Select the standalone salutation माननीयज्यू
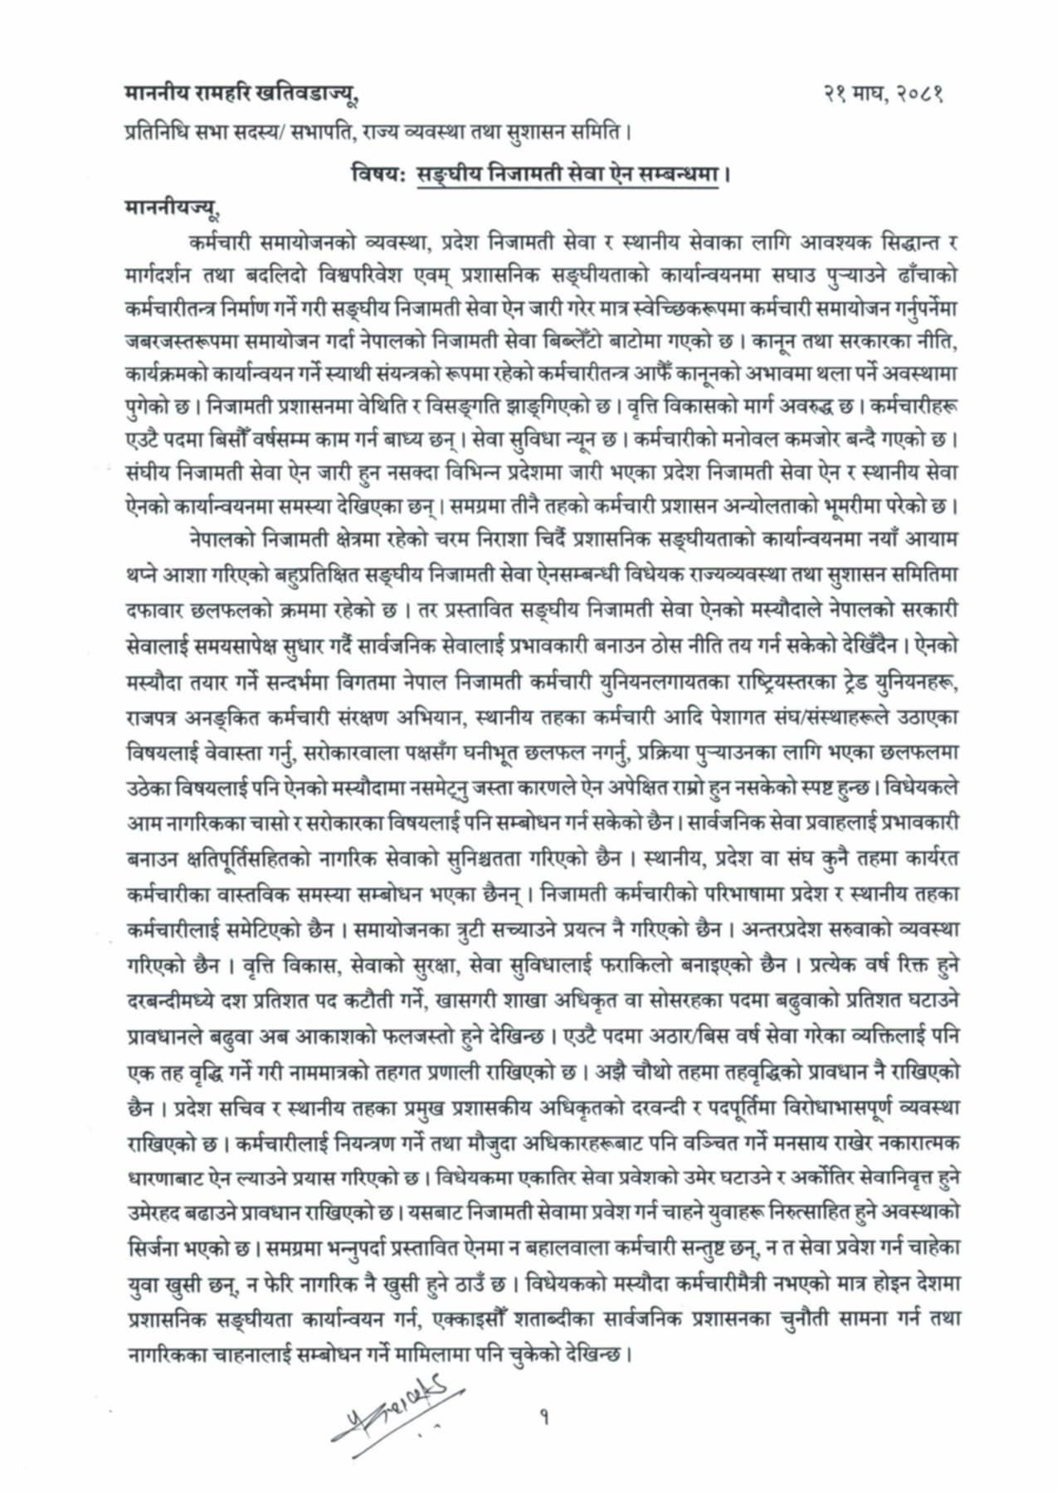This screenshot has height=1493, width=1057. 172,208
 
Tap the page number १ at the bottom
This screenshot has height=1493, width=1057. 544,1419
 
